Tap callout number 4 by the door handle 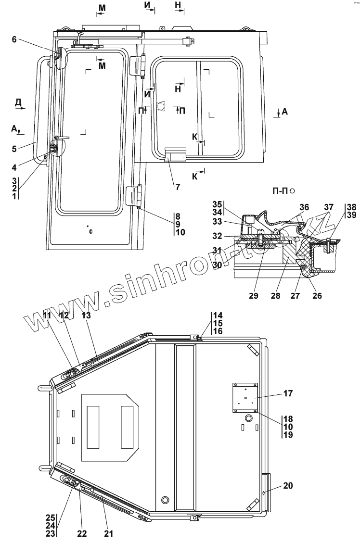14,167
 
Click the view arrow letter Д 18,101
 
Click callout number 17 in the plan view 288,393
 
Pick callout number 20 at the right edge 288,486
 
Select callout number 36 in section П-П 304,207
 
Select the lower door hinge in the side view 132,195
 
